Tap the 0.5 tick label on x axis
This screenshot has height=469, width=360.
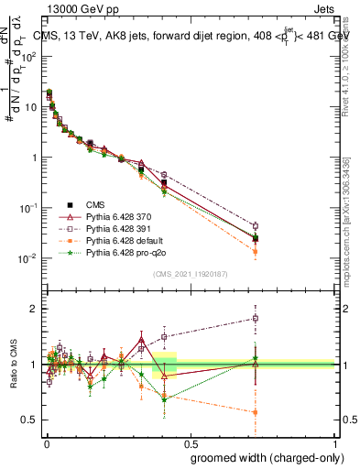pos(191,441)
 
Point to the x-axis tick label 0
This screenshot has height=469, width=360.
pos(45,441)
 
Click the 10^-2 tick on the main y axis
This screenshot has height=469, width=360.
pos(29,258)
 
